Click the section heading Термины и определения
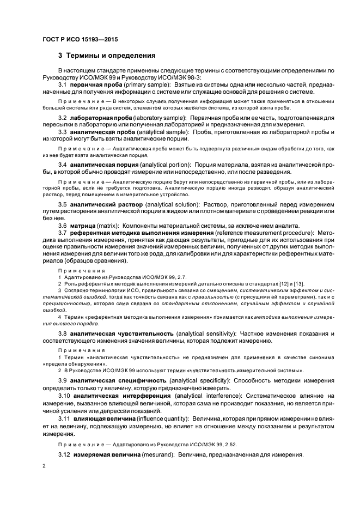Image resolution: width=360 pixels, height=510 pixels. [111, 56]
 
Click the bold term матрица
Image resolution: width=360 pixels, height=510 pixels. [83, 226]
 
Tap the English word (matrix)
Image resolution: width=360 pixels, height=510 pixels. [109, 226]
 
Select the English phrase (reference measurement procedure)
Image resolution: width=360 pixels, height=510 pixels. [252, 233]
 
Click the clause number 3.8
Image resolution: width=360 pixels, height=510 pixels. [63, 333]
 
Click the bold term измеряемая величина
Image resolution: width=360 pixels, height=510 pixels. [105, 455]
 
